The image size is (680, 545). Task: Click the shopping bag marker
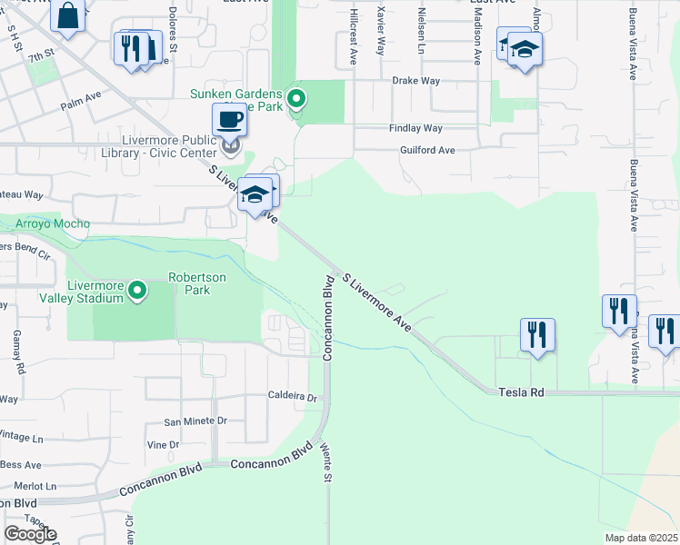pyautogui.click(x=68, y=15)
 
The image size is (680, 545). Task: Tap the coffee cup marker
pyautogui.click(x=230, y=120)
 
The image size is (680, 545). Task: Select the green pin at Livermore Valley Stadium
pyautogui.click(x=137, y=291)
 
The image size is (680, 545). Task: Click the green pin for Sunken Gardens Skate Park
pyautogui.click(x=295, y=98)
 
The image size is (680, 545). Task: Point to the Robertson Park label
pyautogui.click(x=189, y=283)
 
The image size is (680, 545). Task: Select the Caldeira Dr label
pyautogui.click(x=291, y=397)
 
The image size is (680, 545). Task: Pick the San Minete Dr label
pyautogui.click(x=195, y=421)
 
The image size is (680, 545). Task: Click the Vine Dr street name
pyautogui.click(x=163, y=444)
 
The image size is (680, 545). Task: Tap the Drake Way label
pyautogui.click(x=415, y=81)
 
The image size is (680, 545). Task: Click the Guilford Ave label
pyautogui.click(x=427, y=150)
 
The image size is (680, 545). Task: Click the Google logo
pyautogui.click(x=30, y=534)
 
